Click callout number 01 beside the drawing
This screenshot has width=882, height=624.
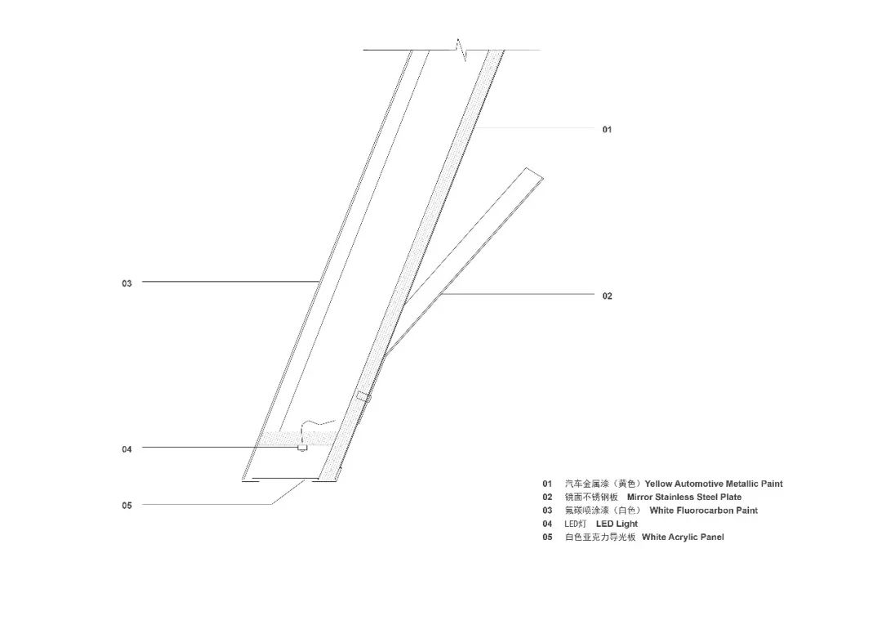tap(607, 129)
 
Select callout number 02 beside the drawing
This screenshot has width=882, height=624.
tap(607, 296)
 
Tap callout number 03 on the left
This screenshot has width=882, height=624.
tap(127, 283)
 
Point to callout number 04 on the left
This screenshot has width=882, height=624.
tap(127, 448)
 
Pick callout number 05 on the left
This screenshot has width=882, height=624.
tap(127, 505)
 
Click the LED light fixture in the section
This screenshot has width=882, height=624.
tap(302, 447)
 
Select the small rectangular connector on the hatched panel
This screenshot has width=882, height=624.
tap(363, 396)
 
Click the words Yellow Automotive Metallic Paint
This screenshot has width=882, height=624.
tap(713, 484)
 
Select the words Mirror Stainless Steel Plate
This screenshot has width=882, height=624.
tap(684, 497)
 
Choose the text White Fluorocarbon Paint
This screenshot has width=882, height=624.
tap(703, 510)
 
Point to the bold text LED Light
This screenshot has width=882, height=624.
tap(617, 524)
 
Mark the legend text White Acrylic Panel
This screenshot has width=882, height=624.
tap(683, 537)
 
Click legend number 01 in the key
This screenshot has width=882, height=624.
tap(547, 484)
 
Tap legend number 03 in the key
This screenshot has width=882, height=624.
tap(547, 510)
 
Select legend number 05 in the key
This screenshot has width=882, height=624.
tap(547, 537)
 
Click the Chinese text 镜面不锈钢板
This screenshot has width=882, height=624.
tap(591, 497)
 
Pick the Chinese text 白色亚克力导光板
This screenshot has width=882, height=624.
tap(599, 537)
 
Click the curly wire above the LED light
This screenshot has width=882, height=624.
tap(317, 424)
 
